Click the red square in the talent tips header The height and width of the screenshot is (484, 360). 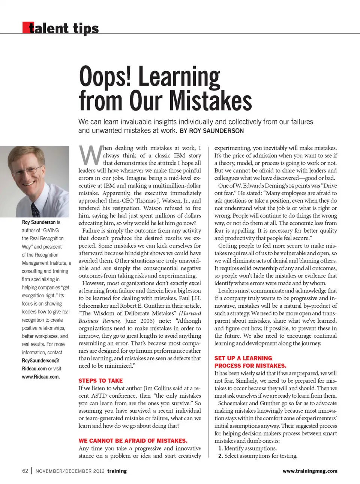coord(25,28)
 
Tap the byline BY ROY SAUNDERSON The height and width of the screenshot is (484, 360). coord(212,131)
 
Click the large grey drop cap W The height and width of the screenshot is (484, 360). coord(90,155)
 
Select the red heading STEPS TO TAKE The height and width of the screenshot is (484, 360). coord(100,381)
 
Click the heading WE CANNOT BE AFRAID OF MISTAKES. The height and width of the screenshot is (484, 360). coord(133,441)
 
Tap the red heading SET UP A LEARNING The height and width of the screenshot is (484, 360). coord(243,358)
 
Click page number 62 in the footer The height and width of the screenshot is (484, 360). coord(25,471)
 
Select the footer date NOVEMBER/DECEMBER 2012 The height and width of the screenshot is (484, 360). coord(70,471)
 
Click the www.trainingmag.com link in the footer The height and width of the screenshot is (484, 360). coord(310,471)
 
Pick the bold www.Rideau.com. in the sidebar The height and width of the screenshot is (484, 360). coord(40,377)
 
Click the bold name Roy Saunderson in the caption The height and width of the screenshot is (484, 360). coord(39,222)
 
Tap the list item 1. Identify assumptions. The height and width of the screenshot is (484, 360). coord(247,448)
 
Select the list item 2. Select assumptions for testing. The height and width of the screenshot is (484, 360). coord(258,456)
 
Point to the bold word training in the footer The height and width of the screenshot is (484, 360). coord(117,471)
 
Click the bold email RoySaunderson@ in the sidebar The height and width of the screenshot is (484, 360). coord(40,361)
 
